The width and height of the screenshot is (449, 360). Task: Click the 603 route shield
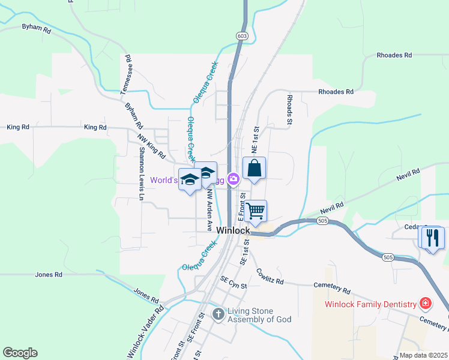[x=242, y=36]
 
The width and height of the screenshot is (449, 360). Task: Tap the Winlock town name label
[x=232, y=230]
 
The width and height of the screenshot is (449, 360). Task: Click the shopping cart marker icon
[x=256, y=211]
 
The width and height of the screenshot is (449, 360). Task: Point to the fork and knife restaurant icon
[x=432, y=238]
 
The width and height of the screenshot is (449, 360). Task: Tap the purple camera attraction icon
[x=234, y=179]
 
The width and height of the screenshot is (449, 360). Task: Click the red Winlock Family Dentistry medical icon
[x=426, y=304]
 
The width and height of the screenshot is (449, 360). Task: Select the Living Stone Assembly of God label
[x=259, y=315]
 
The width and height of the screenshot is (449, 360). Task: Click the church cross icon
[x=218, y=313]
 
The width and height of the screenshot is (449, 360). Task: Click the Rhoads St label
[x=289, y=109]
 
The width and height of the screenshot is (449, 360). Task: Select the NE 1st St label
[x=255, y=139]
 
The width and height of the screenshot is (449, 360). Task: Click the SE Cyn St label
[x=234, y=282]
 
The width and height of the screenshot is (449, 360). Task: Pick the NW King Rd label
[x=151, y=146]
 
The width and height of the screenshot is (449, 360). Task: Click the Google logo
[x=20, y=353]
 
